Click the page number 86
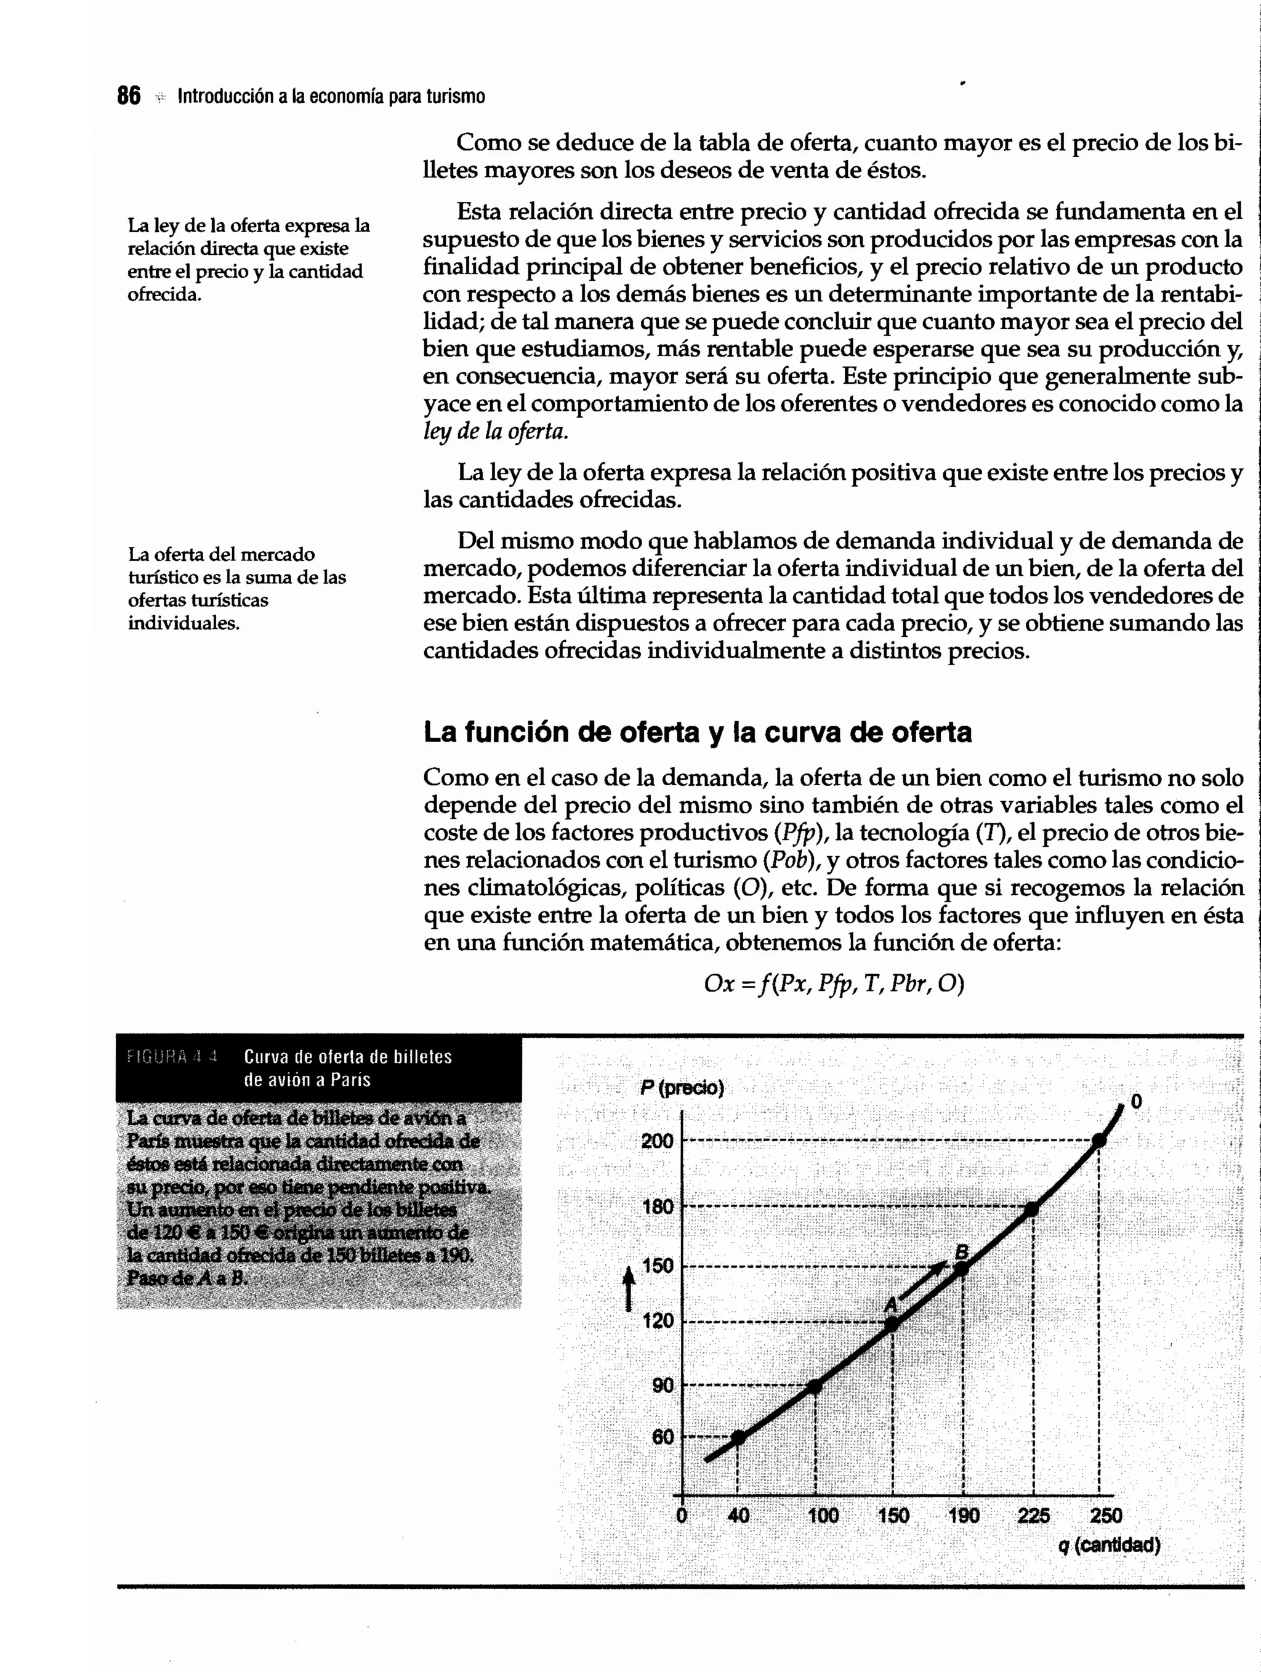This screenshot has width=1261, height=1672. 129,96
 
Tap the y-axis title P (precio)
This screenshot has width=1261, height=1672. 682,1088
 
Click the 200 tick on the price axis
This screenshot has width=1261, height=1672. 656,1141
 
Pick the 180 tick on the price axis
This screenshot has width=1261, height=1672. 656,1207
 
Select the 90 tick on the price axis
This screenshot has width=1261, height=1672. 662,1386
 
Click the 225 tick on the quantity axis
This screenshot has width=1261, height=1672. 1033,1515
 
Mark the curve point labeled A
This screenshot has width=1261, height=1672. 892,1323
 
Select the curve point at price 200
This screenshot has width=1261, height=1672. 1099,1141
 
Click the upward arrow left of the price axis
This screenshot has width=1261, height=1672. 627,1289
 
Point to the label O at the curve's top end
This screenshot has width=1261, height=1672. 1135,1104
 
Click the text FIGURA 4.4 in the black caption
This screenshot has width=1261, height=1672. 172,1056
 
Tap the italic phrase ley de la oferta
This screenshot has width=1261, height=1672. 495,431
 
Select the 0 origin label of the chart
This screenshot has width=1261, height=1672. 682,1515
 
